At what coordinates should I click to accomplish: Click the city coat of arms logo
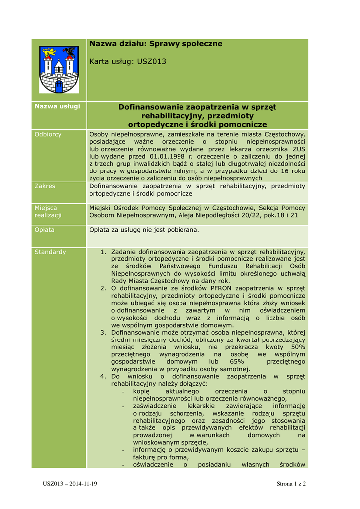[59, 70]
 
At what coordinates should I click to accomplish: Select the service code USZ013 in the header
[152, 61]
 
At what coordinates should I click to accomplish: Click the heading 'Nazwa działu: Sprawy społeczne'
[156, 44]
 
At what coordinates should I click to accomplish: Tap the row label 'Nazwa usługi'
[57, 107]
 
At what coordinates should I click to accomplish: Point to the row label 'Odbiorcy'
[48, 134]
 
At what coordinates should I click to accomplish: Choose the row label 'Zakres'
[45, 186]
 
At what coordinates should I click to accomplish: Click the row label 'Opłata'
[44, 230]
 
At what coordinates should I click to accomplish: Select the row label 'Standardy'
[50, 252]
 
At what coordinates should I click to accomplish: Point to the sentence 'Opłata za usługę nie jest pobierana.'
[144, 230]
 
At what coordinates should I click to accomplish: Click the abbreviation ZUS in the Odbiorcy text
[299, 149]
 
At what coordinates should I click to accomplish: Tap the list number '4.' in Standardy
[103, 377]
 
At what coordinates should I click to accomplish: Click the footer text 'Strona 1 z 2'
[291, 484]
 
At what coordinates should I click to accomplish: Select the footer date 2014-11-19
[83, 484]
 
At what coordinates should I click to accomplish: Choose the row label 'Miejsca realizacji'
[46, 211]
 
